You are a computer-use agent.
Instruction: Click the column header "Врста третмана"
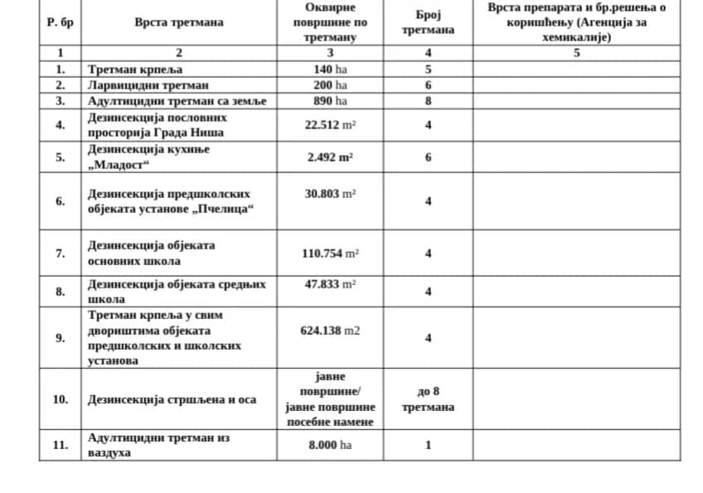point(179,22)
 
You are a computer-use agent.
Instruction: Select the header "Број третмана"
point(428,22)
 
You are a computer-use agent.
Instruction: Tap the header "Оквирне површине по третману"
point(330,22)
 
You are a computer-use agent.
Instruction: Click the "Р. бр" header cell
point(60,22)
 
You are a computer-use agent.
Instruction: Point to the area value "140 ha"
point(330,70)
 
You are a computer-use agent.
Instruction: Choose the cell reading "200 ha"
point(330,85)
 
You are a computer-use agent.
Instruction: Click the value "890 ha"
point(330,101)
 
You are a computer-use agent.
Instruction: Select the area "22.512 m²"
point(330,125)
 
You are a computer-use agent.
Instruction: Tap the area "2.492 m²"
point(330,157)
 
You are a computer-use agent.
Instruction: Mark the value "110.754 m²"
point(330,254)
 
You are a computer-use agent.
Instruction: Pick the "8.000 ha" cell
point(330,445)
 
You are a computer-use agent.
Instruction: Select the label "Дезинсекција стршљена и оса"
point(172,399)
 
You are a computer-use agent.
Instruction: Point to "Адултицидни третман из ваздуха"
point(158,445)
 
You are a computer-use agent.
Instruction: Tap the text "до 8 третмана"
point(428,399)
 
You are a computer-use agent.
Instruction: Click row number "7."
point(60,254)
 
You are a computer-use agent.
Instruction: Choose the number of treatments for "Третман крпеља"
point(428,70)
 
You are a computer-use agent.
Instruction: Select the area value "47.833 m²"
point(330,283)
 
